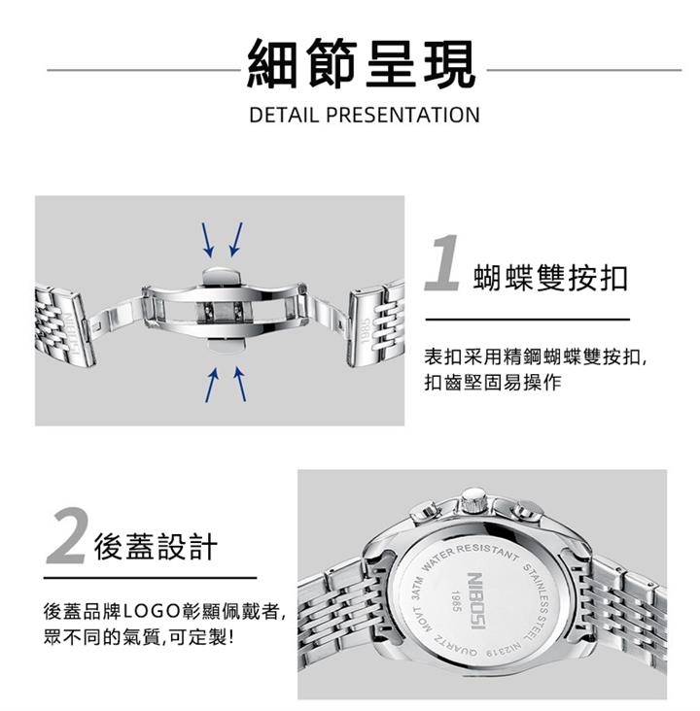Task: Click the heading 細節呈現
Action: [361, 63]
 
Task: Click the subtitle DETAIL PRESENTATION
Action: [364, 115]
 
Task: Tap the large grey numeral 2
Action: [68, 536]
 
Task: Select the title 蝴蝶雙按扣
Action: [550, 278]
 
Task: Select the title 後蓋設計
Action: [156, 547]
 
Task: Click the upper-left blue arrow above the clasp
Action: [207, 240]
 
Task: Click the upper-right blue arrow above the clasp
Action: [236, 239]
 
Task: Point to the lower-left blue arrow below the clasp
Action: [212, 385]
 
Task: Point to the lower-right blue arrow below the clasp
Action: [240, 385]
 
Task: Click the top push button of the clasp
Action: [223, 276]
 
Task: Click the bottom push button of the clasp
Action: [225, 344]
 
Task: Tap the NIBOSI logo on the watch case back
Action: [477, 601]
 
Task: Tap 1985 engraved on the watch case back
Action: [457, 601]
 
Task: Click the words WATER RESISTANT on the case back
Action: [469, 556]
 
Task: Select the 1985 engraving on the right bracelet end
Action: [364, 331]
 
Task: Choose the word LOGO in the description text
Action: [151, 612]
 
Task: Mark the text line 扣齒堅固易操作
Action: [493, 383]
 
